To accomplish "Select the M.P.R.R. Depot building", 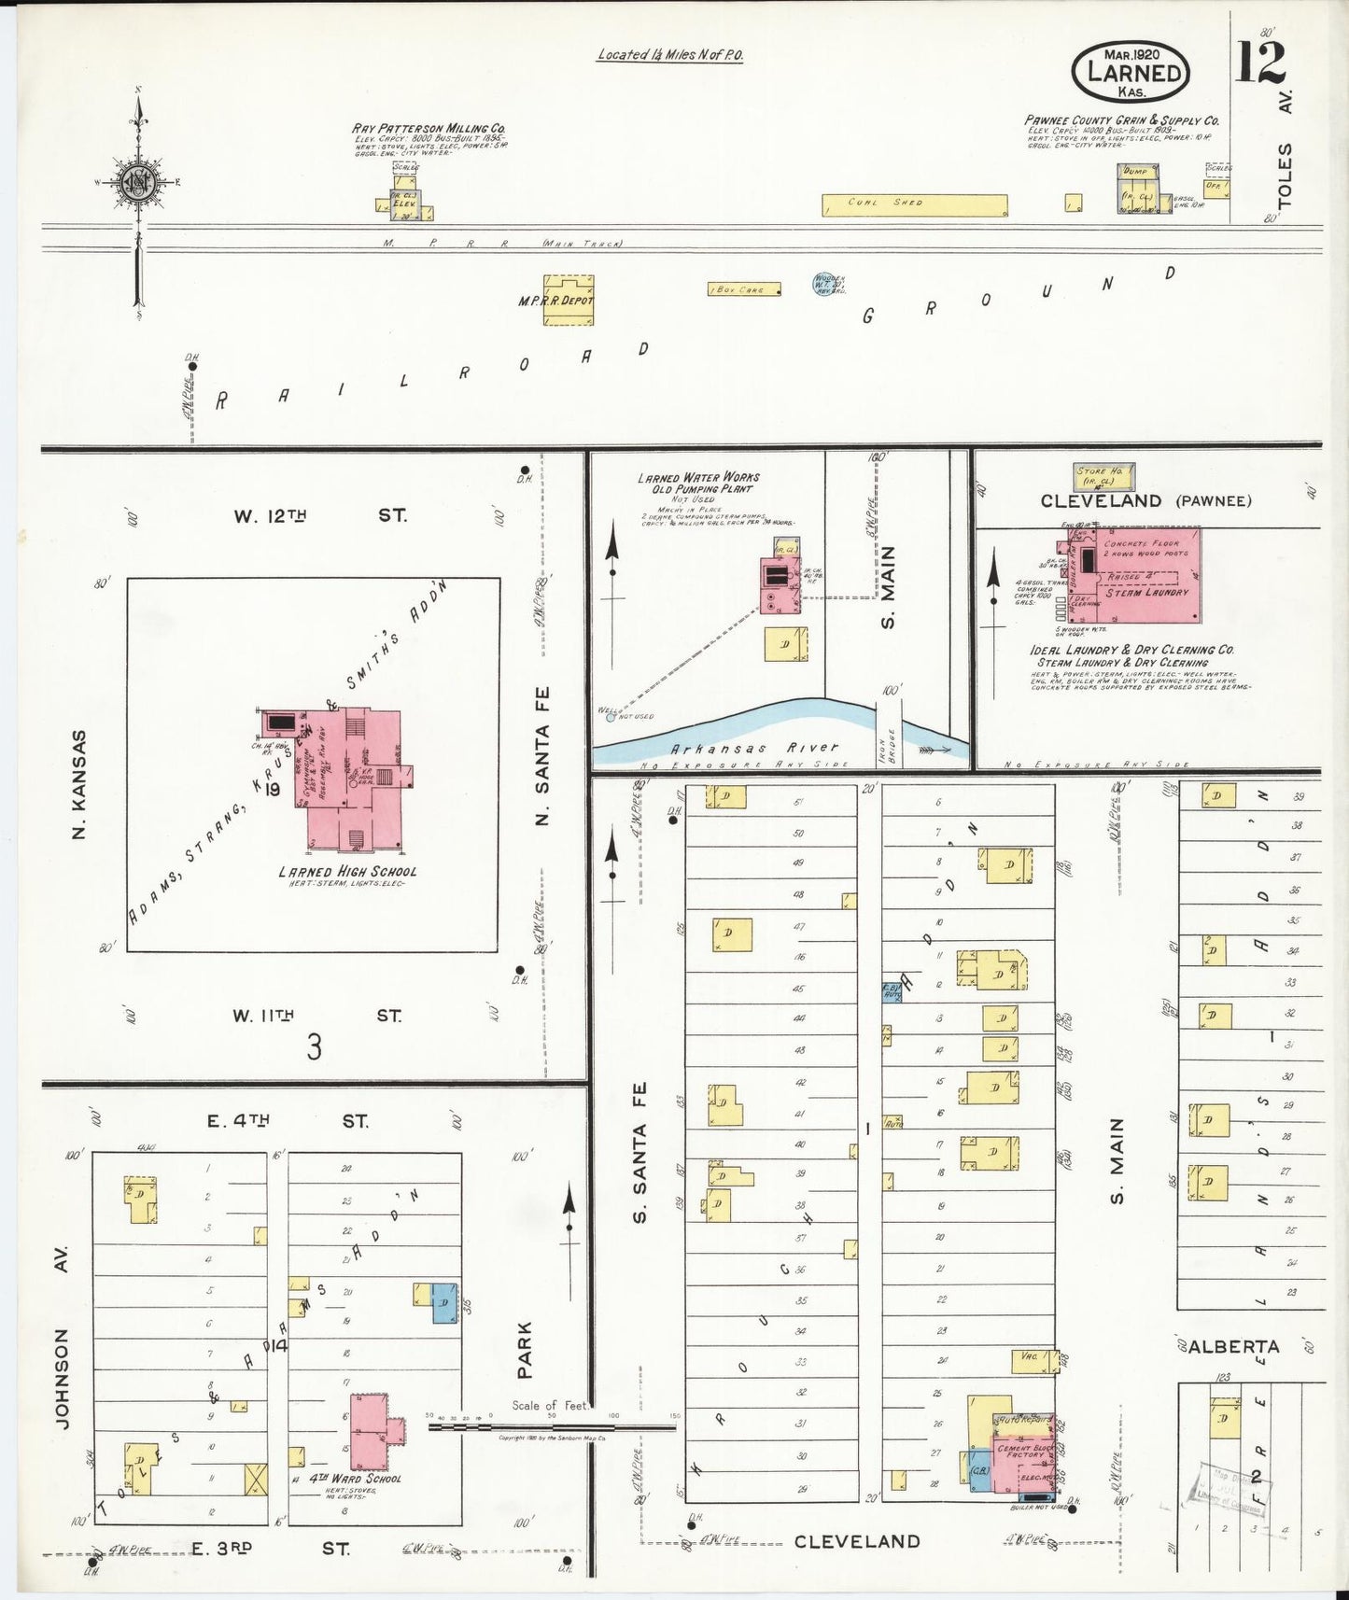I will [x=568, y=301].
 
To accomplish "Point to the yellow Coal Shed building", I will [x=914, y=204].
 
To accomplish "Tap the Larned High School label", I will [x=347, y=872].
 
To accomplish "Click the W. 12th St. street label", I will [x=320, y=515].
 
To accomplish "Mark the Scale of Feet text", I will [x=550, y=1406].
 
